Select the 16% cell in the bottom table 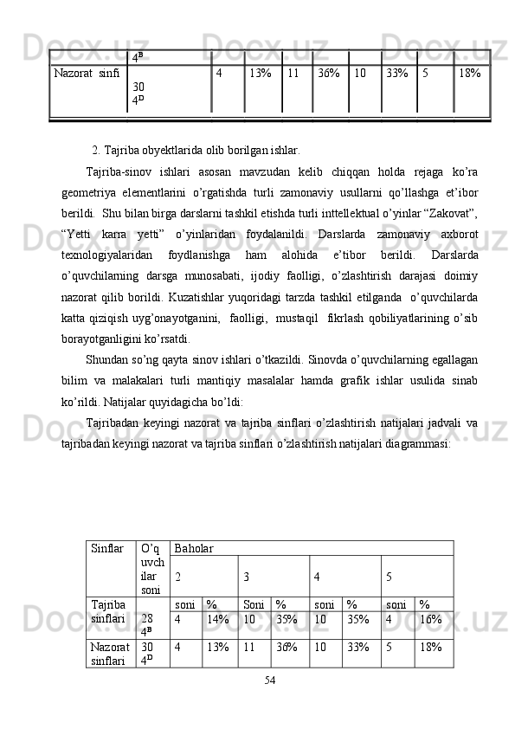[x=429, y=620]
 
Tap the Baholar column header [x=194, y=549]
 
